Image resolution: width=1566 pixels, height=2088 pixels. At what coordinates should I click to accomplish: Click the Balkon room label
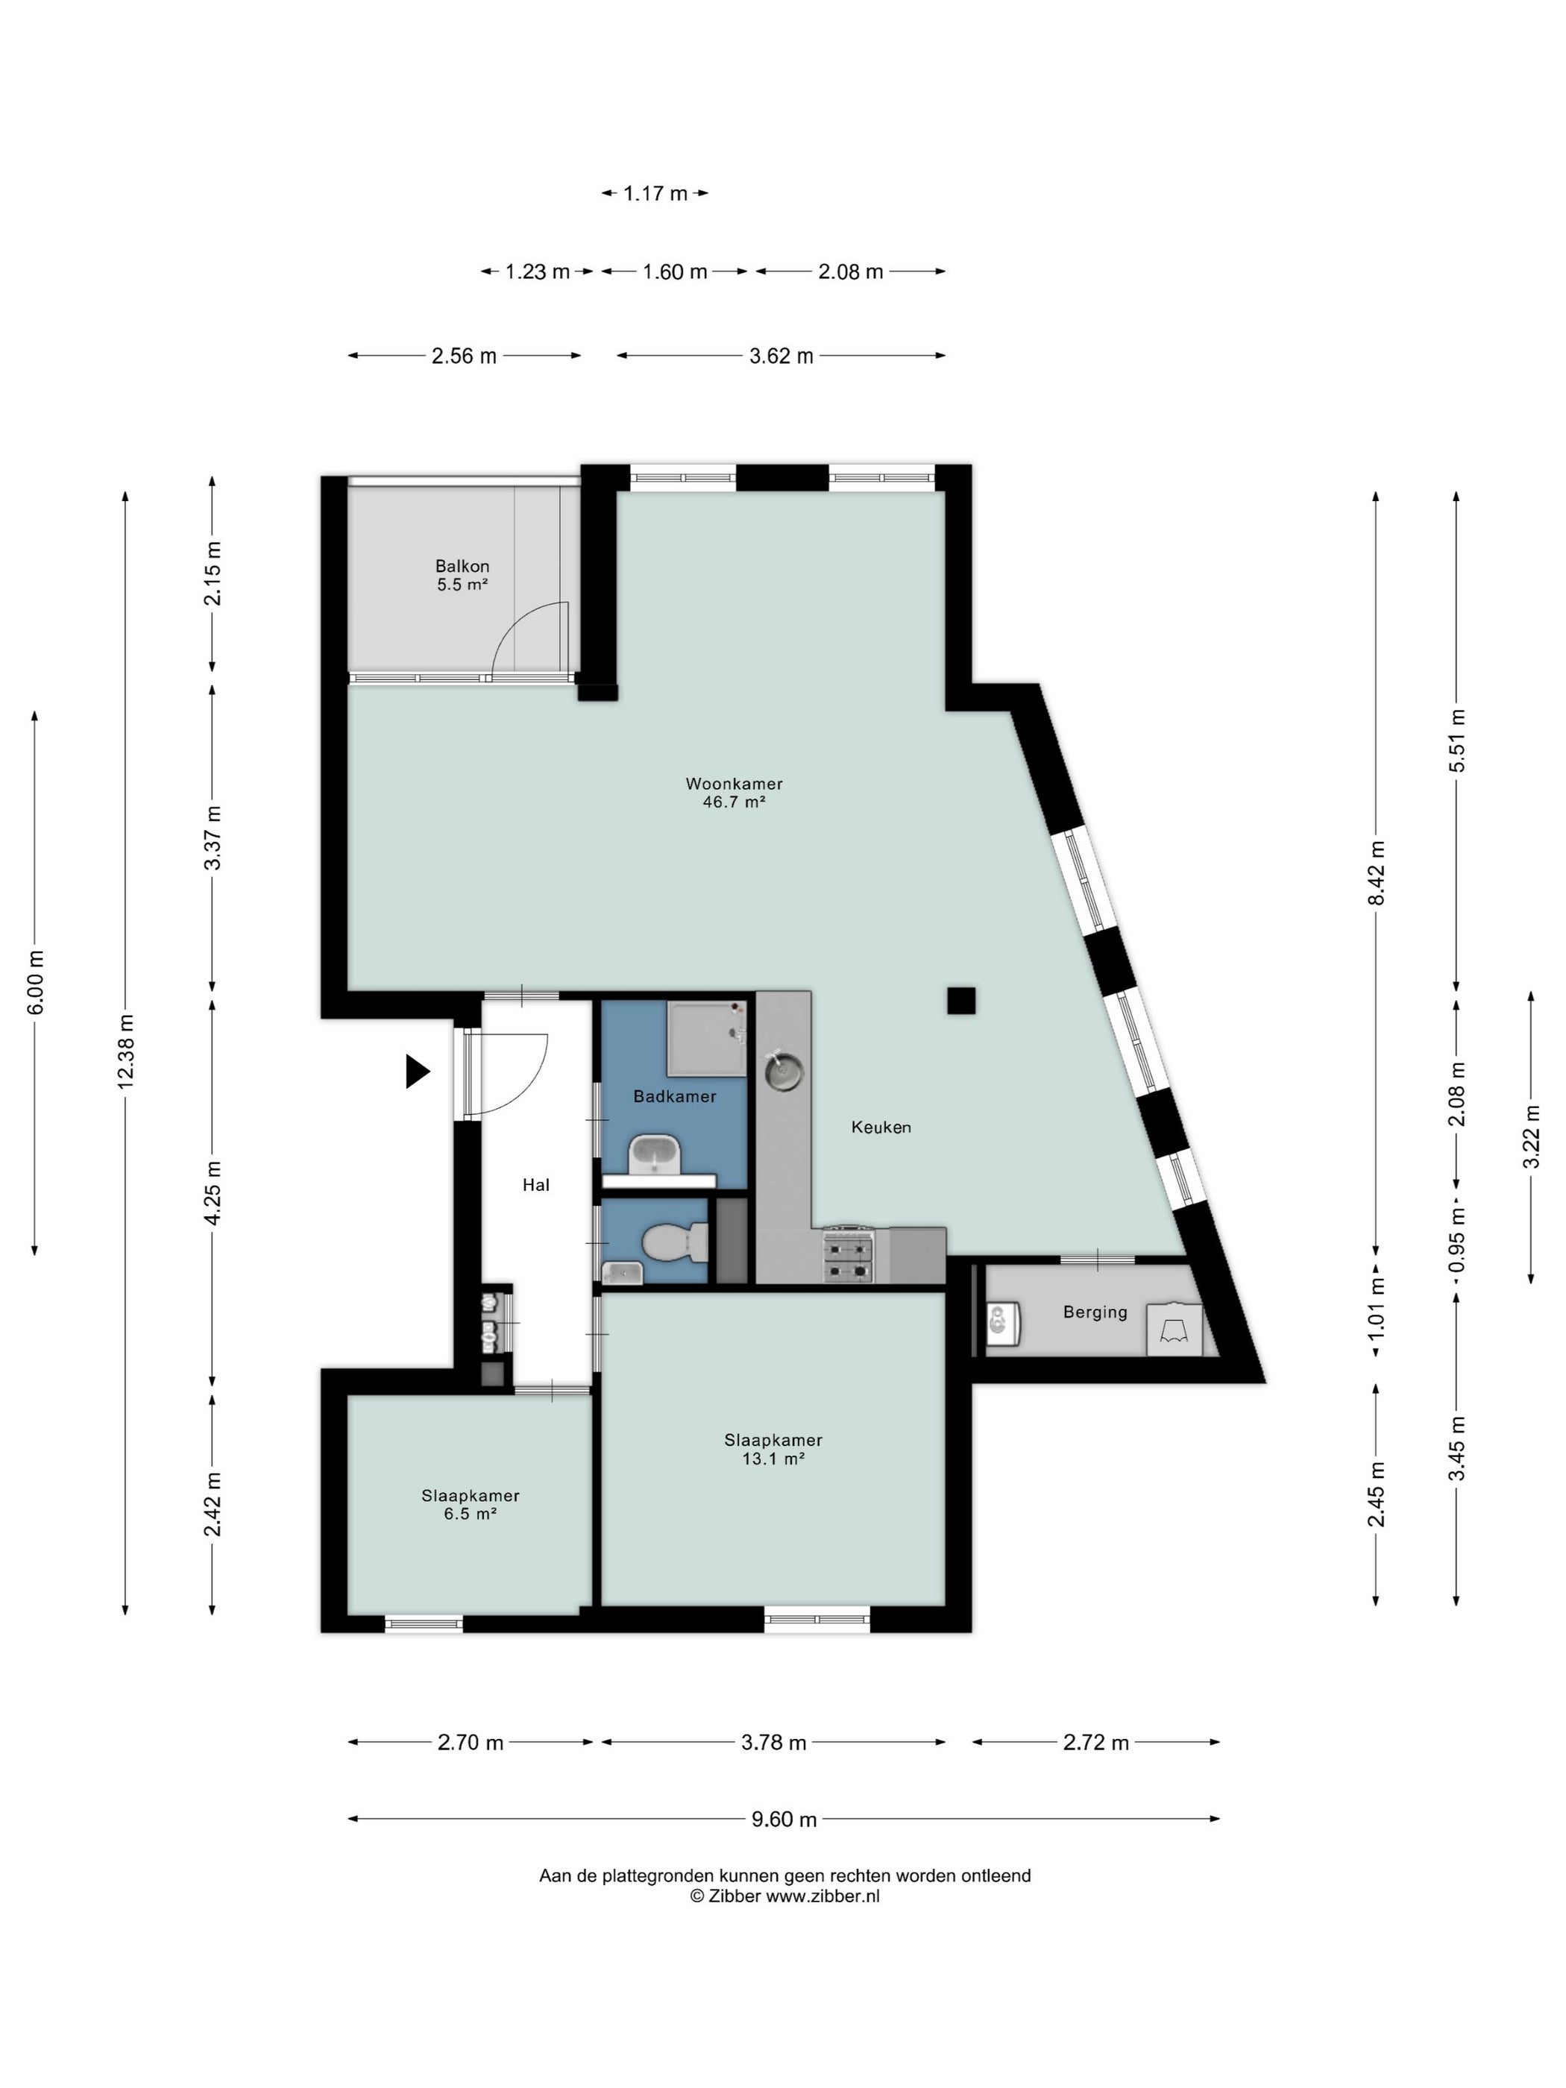(x=462, y=575)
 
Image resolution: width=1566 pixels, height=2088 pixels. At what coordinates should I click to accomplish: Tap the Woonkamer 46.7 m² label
(x=734, y=792)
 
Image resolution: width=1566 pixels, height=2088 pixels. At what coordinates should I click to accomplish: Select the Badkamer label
(x=674, y=1096)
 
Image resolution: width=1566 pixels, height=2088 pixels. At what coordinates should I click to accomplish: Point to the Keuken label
(x=881, y=1127)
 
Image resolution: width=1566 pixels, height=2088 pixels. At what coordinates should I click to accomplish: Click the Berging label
(x=1095, y=1312)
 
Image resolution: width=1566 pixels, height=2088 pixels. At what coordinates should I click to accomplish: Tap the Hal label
(x=536, y=1185)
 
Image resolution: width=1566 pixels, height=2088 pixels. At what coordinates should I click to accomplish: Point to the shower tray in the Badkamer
(x=706, y=1038)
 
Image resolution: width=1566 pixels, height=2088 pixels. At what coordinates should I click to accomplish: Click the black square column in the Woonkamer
(x=961, y=1001)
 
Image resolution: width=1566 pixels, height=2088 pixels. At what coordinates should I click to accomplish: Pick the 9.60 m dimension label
(x=784, y=1819)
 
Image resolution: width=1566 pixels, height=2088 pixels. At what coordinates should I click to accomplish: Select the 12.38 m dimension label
(x=125, y=1051)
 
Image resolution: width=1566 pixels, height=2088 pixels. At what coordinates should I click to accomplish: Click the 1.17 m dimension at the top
(x=655, y=193)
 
